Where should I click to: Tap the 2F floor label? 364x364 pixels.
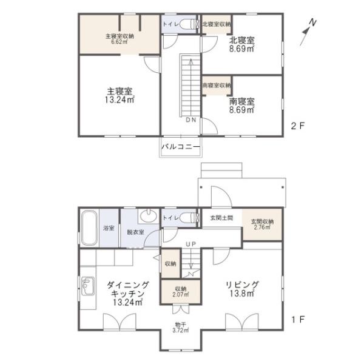click(x=298, y=126)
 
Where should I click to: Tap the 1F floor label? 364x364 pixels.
click(x=298, y=320)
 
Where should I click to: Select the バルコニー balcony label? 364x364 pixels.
click(x=181, y=147)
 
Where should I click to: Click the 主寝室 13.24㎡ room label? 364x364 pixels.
click(x=120, y=95)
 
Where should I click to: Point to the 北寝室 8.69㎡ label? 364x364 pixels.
click(x=241, y=44)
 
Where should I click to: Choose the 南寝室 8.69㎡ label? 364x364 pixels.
click(x=241, y=106)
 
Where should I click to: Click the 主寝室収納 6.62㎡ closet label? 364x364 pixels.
click(x=120, y=39)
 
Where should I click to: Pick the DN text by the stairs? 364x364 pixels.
click(x=191, y=120)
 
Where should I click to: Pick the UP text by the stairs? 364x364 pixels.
click(x=191, y=244)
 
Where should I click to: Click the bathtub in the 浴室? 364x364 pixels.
click(x=89, y=227)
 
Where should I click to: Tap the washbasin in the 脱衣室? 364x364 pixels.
click(x=149, y=215)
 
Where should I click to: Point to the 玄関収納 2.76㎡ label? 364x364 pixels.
click(x=262, y=224)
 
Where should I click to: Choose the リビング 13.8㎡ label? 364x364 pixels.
click(x=242, y=289)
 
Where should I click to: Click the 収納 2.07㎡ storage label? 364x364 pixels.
click(x=180, y=292)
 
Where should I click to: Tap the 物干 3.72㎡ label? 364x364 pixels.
click(x=180, y=328)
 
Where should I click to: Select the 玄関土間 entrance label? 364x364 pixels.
click(x=221, y=218)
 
